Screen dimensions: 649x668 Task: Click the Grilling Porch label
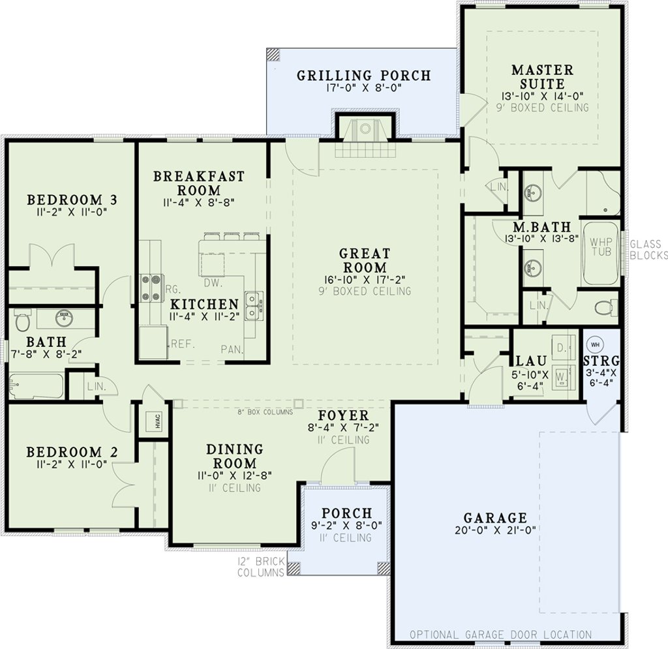[364, 76]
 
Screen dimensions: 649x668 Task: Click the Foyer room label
[343, 415]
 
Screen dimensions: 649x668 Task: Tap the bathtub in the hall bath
[35, 386]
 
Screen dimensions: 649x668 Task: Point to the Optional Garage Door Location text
[500, 634]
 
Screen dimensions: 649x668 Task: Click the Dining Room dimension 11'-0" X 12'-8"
[234, 475]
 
